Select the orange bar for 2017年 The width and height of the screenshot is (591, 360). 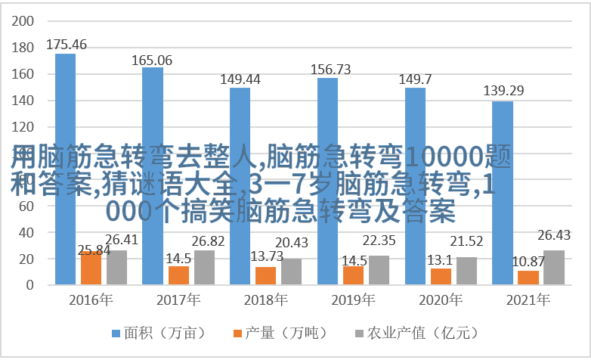(x=179, y=275)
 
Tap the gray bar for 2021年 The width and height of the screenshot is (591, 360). (x=554, y=268)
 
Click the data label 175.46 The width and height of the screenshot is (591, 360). (x=67, y=45)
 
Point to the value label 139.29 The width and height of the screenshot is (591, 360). (x=503, y=91)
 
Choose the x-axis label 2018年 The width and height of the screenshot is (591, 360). (x=265, y=299)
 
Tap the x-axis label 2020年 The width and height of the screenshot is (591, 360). (x=441, y=299)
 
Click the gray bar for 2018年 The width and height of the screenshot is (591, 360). (x=291, y=272)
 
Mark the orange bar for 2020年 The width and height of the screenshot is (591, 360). (x=441, y=276)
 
